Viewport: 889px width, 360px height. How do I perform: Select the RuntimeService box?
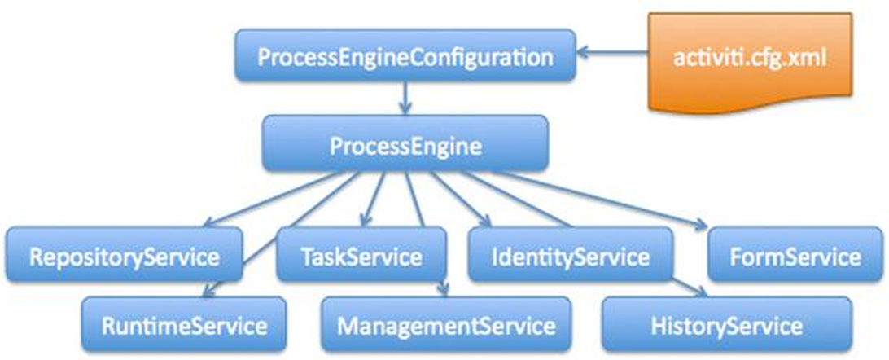[x=184, y=327]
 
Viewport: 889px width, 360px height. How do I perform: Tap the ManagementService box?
[x=446, y=327]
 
